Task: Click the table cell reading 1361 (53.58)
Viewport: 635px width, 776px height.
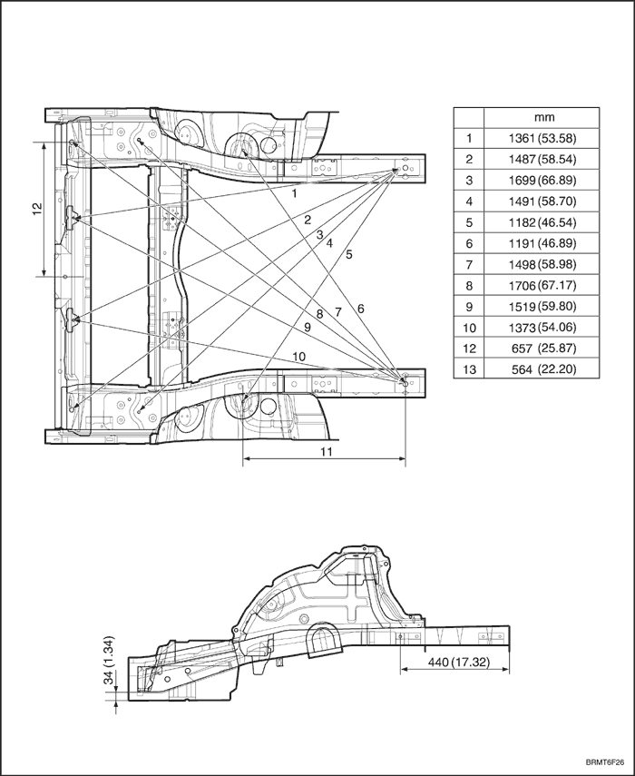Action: click(542, 139)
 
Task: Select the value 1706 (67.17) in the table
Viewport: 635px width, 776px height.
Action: click(542, 286)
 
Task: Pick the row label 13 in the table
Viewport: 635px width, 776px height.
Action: click(469, 369)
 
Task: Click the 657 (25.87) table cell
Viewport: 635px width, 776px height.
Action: click(544, 349)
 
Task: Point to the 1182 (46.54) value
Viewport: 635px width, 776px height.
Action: click(542, 222)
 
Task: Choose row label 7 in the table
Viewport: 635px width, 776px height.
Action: click(469, 265)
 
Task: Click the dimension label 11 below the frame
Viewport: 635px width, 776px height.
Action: click(327, 451)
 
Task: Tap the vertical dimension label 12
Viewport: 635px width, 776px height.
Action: click(37, 209)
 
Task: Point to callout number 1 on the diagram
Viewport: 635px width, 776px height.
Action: click(294, 193)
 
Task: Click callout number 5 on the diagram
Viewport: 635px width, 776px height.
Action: click(349, 255)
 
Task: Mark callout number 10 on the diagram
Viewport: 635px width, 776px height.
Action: click(299, 357)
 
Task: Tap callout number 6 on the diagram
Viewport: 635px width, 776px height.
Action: click(360, 309)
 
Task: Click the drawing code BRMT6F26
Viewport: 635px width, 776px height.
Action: click(604, 761)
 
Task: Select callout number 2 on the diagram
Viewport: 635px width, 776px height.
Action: click(308, 221)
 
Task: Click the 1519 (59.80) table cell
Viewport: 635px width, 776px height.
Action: click(542, 307)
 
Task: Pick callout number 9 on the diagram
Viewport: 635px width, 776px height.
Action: click(308, 327)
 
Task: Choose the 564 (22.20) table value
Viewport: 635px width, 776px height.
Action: click(544, 369)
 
